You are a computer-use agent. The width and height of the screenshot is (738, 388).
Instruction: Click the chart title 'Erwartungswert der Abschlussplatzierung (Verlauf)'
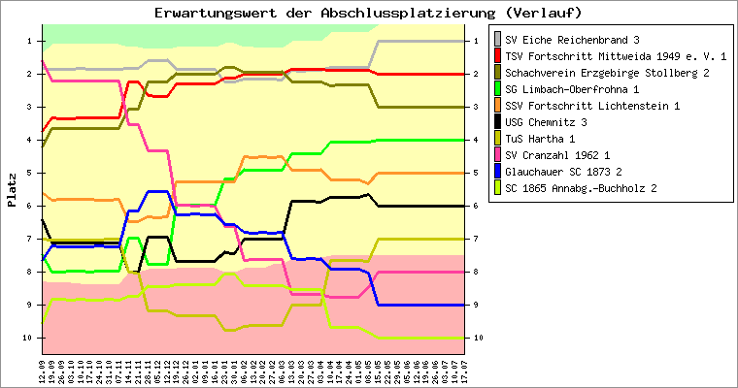pyautogui.click(x=368, y=13)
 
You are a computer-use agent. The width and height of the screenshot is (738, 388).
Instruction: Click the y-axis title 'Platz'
pyautogui.click(x=12, y=189)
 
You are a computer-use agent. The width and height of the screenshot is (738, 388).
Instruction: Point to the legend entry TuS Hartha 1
pyautogui.click(x=540, y=138)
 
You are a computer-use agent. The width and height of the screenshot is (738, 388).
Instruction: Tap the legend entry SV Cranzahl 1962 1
pyautogui.click(x=558, y=154)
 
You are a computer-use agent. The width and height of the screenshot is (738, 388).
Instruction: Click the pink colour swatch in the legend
pyautogui.click(x=499, y=154)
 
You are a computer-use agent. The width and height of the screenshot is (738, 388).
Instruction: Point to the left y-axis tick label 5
pyautogui.click(x=30, y=173)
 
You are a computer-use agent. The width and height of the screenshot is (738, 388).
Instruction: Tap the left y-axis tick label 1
pyautogui.click(x=30, y=41)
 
